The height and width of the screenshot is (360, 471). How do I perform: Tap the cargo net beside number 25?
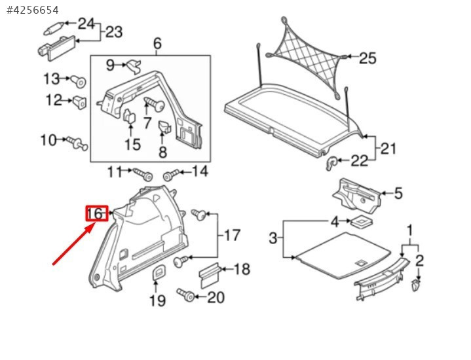[x=307, y=57]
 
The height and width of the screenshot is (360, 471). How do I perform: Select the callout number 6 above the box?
[x=157, y=44]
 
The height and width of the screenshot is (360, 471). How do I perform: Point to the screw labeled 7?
[x=155, y=104]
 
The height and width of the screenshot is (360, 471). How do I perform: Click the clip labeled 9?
[x=134, y=65]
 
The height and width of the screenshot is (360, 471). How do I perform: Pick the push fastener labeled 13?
[x=79, y=81]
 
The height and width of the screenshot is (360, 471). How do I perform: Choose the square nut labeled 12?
[x=80, y=102]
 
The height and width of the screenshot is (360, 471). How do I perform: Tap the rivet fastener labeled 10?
[x=77, y=143]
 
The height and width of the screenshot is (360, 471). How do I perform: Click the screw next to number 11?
[x=143, y=174]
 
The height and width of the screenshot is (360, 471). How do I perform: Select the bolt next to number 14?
[x=171, y=175]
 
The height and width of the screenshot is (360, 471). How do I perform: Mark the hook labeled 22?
[x=331, y=163]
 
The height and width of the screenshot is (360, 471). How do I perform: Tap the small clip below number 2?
[x=416, y=285]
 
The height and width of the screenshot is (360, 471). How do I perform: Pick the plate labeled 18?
[x=210, y=276]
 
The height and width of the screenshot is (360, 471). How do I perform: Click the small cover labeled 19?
[x=159, y=272]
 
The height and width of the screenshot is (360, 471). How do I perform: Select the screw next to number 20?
[x=186, y=295]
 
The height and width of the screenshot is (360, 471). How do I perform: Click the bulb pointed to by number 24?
[x=54, y=29]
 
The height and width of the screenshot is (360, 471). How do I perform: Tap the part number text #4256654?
[x=33, y=10]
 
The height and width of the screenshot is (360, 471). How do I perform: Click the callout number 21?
[x=388, y=149]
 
